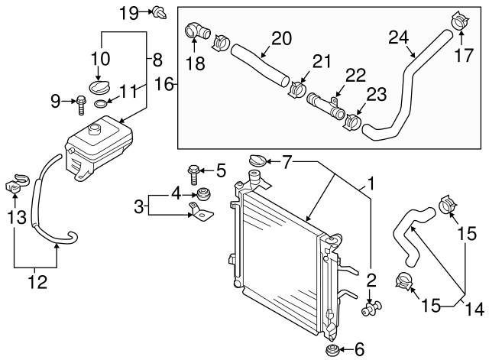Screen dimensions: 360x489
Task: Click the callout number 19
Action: point(128,11)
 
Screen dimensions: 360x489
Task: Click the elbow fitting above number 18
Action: point(196,31)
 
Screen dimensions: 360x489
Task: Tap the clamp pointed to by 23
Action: point(354,120)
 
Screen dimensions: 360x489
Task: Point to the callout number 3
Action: point(139,205)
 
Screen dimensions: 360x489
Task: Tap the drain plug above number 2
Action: point(370,308)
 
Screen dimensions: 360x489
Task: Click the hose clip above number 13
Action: point(15,183)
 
